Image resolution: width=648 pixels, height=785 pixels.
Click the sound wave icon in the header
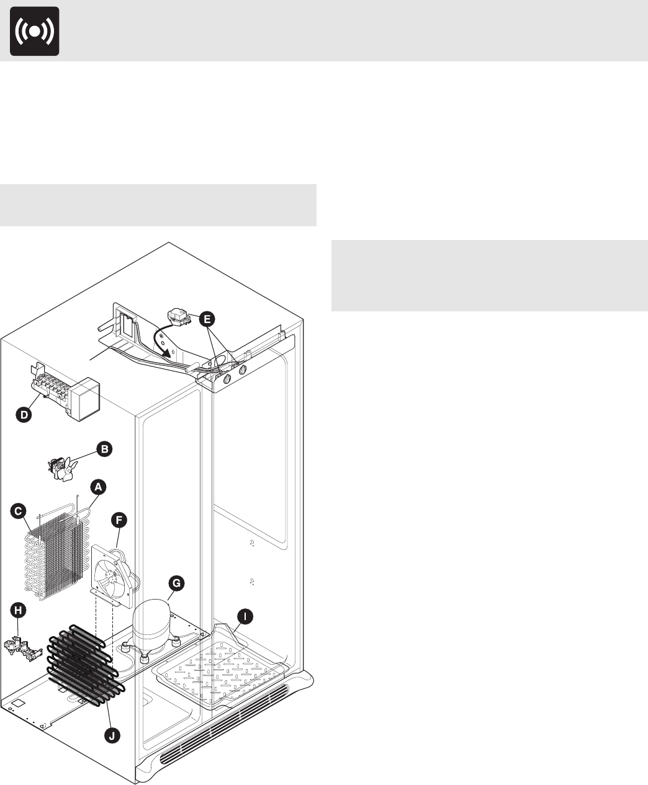[x=35, y=31]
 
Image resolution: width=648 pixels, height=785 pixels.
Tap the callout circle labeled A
[x=97, y=487]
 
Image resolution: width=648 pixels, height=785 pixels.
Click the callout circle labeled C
[x=19, y=511]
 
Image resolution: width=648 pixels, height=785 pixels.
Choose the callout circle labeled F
[x=119, y=520]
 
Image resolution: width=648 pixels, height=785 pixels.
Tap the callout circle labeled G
[x=177, y=583]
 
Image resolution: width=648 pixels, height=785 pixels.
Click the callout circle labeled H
[x=19, y=611]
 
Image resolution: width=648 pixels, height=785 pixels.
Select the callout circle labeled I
[x=246, y=616]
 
